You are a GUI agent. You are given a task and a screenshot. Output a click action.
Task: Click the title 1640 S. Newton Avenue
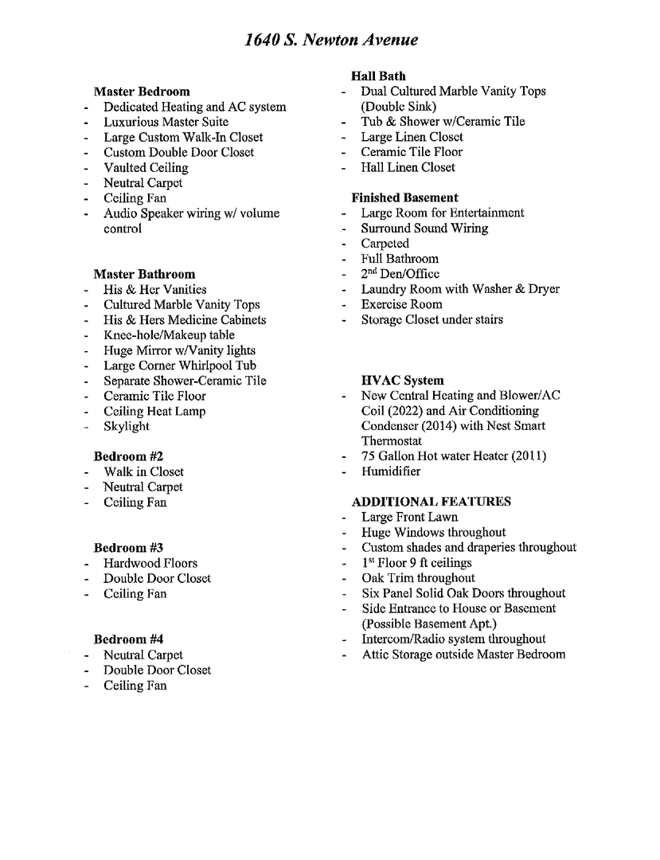point(331,40)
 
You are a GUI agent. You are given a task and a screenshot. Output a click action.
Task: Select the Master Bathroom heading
point(144,274)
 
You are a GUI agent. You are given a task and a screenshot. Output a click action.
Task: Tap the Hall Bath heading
point(378,76)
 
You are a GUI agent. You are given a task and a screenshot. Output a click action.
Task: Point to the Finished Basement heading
point(404,197)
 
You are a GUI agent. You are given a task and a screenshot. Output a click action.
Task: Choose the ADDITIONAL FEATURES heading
point(431,502)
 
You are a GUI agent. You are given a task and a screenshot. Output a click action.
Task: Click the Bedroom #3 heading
point(128,548)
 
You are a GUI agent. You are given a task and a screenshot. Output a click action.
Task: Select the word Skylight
point(126,426)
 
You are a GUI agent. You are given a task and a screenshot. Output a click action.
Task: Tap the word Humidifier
point(390,471)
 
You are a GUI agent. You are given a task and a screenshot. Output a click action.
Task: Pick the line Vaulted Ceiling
point(146,168)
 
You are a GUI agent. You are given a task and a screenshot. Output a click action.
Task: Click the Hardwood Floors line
point(150,563)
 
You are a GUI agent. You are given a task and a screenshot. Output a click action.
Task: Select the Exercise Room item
point(401,304)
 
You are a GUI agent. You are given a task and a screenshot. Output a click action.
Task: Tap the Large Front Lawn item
point(409,518)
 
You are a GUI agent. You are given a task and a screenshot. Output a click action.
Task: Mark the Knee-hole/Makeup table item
point(169,335)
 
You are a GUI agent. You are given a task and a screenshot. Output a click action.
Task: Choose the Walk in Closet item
point(143,472)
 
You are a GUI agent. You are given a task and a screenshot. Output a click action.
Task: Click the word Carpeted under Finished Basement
point(385,244)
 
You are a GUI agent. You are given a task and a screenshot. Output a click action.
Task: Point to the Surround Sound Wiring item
point(424,229)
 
